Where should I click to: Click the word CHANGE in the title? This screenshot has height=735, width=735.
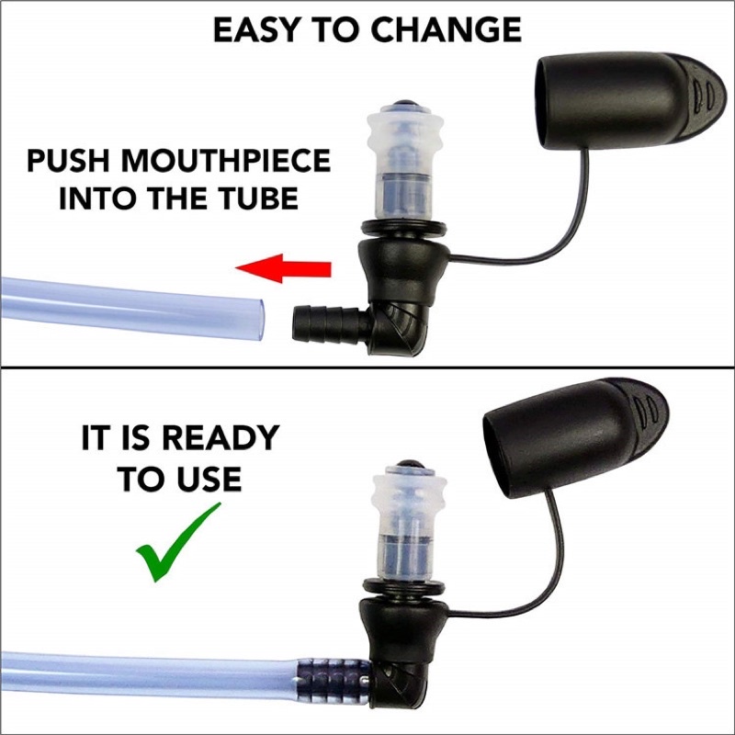click(447, 30)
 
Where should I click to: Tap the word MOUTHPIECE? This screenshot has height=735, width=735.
click(226, 161)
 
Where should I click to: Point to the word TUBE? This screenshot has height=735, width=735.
click(259, 198)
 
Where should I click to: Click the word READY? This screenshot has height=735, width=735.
click(223, 438)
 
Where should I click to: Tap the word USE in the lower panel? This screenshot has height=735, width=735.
click(213, 479)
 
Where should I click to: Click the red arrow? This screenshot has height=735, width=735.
click(284, 268)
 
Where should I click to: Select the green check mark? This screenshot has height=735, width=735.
click(178, 542)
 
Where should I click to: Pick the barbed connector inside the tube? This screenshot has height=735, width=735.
click(333, 681)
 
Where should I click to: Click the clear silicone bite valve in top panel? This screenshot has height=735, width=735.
click(405, 163)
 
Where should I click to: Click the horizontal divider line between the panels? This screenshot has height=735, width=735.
click(367, 367)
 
